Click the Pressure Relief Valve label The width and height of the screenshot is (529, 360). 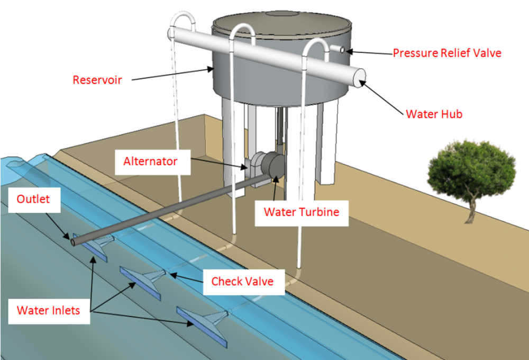(447, 53)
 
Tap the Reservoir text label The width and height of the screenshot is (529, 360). (97, 80)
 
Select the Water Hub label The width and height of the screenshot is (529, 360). (434, 114)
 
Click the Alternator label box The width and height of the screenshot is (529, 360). (153, 162)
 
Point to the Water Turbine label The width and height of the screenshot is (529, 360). (302, 213)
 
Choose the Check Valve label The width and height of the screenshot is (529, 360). (243, 282)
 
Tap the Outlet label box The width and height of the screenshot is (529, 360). (34, 200)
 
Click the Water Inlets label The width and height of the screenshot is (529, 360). (49, 311)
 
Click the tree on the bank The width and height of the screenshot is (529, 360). (471, 178)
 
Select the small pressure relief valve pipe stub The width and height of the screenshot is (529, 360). (337, 49)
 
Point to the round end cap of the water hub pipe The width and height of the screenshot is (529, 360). (359, 78)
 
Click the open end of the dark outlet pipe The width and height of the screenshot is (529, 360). (73, 242)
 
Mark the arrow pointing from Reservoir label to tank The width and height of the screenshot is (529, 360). (173, 74)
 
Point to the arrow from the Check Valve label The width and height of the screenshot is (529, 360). (186, 277)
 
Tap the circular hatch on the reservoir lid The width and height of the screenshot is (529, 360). (282, 14)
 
